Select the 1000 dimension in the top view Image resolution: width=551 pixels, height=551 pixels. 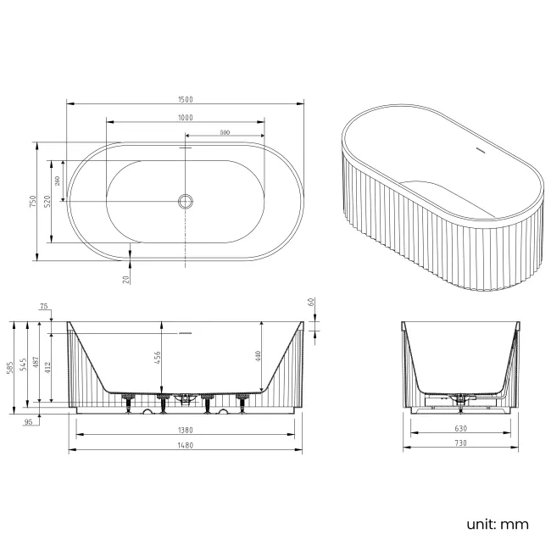(186, 117)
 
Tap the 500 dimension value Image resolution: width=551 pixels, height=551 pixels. (225, 132)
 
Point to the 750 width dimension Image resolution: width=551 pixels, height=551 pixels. (32, 201)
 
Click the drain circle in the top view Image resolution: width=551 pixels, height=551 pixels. (186, 201)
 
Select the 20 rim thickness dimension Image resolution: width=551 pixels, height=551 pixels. (125, 278)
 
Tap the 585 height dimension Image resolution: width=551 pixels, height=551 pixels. (10, 367)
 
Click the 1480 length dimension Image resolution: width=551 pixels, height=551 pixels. (186, 446)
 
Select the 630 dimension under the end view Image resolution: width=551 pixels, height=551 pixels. (460, 429)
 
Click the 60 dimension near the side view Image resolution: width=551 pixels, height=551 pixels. (311, 301)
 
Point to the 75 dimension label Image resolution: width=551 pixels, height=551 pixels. (42, 309)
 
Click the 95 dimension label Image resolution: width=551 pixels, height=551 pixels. (28, 421)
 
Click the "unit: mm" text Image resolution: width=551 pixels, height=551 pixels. (497, 524)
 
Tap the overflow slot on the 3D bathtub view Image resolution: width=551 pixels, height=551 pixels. (480, 153)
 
